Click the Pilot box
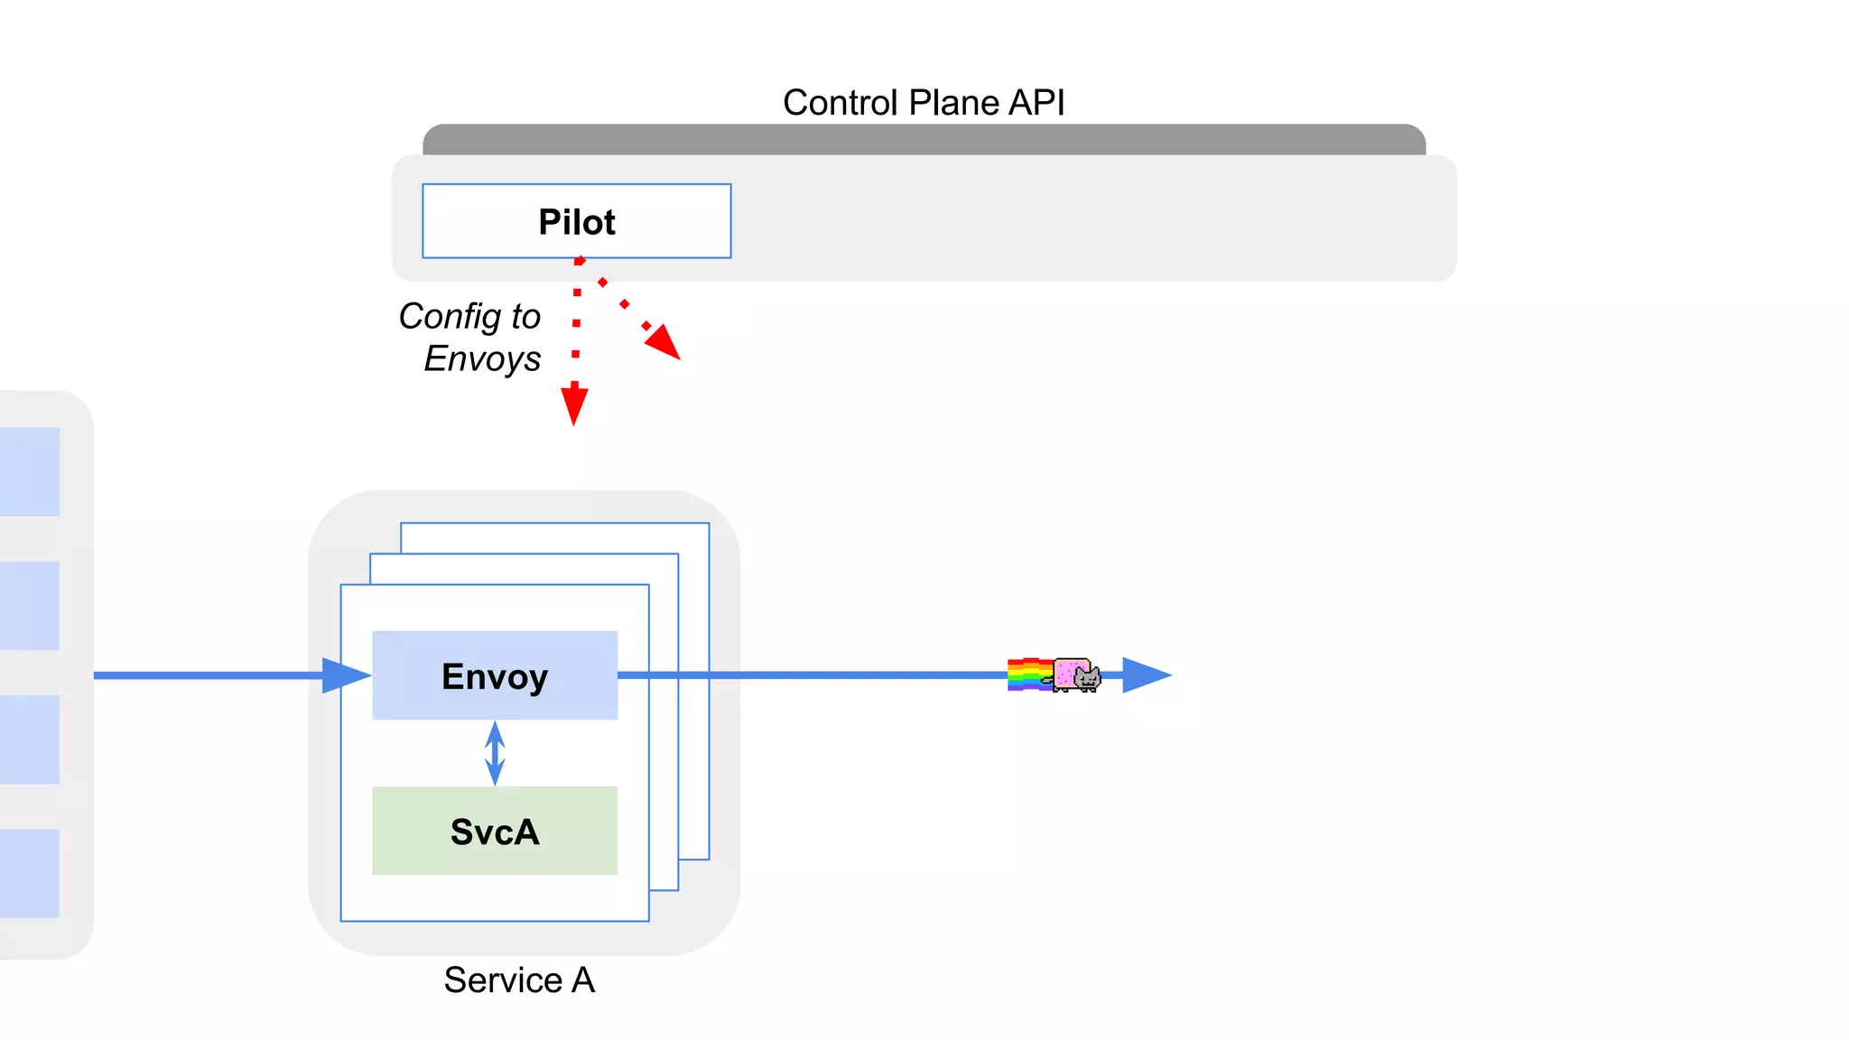pyautogui.click(x=576, y=221)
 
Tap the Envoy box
pyautogui.click(x=495, y=675)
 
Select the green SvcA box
pyautogui.click(x=495, y=831)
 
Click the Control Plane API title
pyautogui.click(x=923, y=103)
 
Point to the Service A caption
pyautogui.click(x=519, y=980)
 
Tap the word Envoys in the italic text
pyautogui.click(x=482, y=358)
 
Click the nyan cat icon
pyautogui.click(x=1078, y=675)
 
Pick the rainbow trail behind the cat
pyautogui.click(x=1028, y=674)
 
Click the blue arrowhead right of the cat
pyautogui.click(x=1145, y=675)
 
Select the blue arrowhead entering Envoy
pyautogui.click(x=345, y=675)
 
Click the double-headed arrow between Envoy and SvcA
pyautogui.click(x=495, y=753)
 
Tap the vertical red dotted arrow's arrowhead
pyautogui.click(x=574, y=405)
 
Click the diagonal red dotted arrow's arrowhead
pyautogui.click(x=664, y=343)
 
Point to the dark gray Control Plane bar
pyautogui.click(x=923, y=140)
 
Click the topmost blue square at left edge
pyautogui.click(x=29, y=471)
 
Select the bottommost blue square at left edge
pyautogui.click(x=29, y=873)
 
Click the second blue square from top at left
pyautogui.click(x=29, y=605)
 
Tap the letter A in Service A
pyautogui.click(x=583, y=980)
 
